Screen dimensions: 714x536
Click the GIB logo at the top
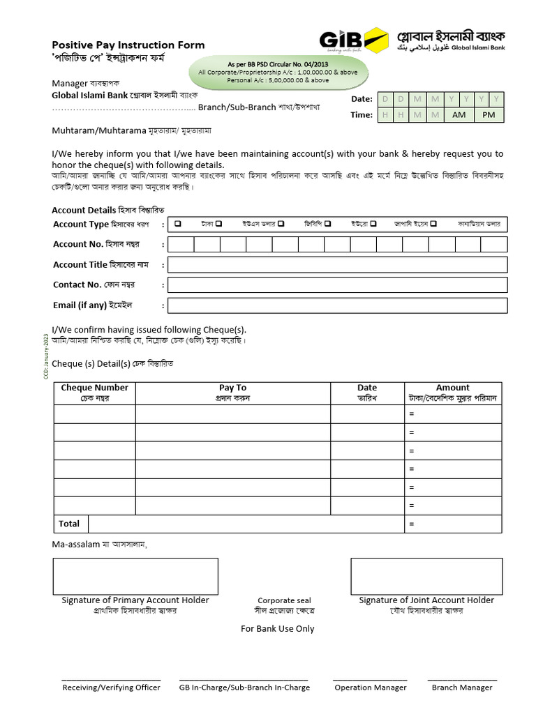click(353, 40)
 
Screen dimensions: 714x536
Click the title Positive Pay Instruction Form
click(128, 45)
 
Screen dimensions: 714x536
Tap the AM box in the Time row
click(459, 115)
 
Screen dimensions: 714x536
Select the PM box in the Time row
click(489, 115)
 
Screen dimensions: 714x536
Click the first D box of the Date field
click(385, 99)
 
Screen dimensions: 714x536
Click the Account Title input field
click(337, 265)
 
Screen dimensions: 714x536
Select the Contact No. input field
click(337, 285)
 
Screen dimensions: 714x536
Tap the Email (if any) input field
click(337, 305)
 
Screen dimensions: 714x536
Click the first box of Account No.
click(181, 244)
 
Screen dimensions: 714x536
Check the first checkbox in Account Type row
click(179, 224)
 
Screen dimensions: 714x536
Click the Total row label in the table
click(69, 524)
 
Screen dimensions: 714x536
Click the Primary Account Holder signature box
click(135, 576)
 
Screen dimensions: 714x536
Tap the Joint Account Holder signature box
click(426, 576)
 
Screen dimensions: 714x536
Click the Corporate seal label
click(284, 600)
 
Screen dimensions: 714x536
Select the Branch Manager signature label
click(461, 688)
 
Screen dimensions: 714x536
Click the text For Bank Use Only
click(277, 629)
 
